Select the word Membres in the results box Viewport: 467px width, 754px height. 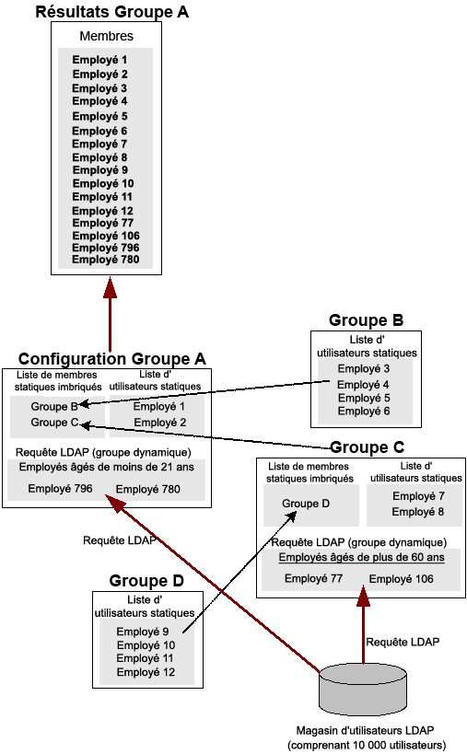pyautogui.click(x=107, y=37)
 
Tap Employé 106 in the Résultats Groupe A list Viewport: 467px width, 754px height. pyautogui.click(x=106, y=236)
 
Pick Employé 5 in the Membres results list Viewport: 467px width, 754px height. pyautogui.click(x=99, y=117)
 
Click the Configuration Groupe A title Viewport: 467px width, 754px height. pyautogui.click(x=111, y=359)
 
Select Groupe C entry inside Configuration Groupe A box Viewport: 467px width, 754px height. pyautogui.click(x=48, y=423)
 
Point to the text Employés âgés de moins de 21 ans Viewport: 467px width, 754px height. pyautogui.click(x=107, y=467)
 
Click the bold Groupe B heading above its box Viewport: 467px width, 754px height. pyautogui.click(x=366, y=321)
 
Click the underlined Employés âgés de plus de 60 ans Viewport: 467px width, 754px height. pyautogui.click(x=358, y=558)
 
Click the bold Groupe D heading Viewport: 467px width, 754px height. pyautogui.click(x=146, y=581)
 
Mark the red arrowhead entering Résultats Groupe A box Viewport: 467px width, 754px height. pyautogui.click(x=110, y=286)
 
